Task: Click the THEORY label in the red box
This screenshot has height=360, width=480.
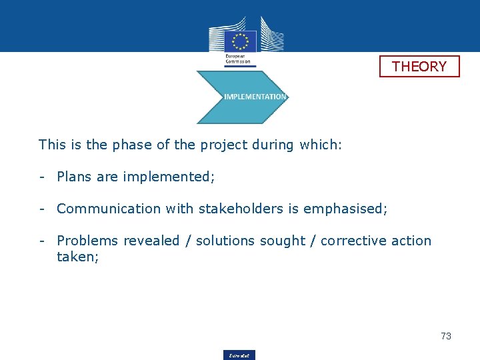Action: [x=419, y=67]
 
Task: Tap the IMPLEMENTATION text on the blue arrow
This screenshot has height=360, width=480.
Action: [x=255, y=97]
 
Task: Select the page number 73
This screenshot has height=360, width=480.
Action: [x=446, y=336]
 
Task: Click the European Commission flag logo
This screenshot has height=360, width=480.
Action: [x=240, y=41]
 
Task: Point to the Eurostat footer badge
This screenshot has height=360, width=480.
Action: [x=239, y=355]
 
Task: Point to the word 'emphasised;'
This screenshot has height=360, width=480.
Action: [x=345, y=209]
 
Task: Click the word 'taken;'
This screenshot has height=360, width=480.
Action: [x=78, y=257]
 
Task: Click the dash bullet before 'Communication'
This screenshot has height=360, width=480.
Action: [x=41, y=209]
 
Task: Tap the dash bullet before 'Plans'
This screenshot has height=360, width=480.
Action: [x=41, y=177]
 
